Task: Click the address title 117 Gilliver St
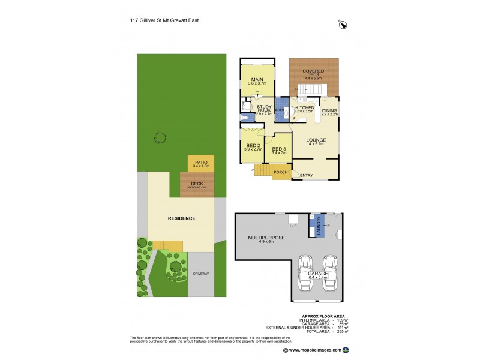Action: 164,20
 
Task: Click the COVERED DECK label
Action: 313,73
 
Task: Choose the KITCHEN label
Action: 305,108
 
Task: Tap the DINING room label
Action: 329,111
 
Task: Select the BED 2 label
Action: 252,146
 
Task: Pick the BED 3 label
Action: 278,150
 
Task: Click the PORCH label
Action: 280,173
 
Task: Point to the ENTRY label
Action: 307,175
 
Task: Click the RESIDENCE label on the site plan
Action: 181,218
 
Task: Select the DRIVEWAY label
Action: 201,274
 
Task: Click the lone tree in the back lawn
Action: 159,137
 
